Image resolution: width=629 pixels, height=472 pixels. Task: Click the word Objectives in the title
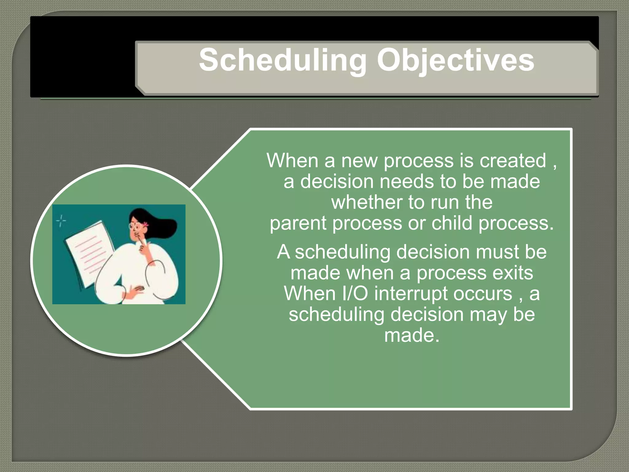click(x=455, y=61)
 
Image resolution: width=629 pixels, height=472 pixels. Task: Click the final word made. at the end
click(x=412, y=335)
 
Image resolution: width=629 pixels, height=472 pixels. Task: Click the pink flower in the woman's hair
click(x=146, y=224)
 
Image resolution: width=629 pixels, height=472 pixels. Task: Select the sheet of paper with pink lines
click(x=89, y=252)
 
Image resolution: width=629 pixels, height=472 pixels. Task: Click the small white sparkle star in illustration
click(x=61, y=221)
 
